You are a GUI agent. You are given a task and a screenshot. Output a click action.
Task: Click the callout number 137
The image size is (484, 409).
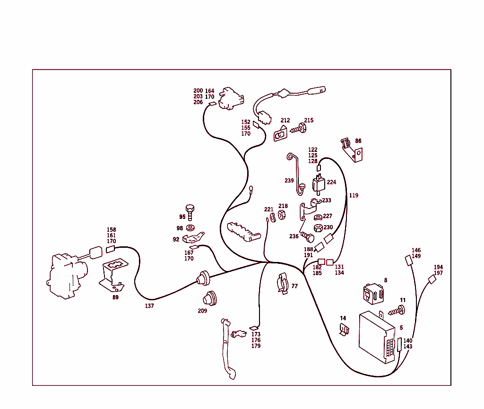click(149, 306)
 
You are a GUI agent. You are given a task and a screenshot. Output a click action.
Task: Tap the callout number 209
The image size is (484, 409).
click(202, 311)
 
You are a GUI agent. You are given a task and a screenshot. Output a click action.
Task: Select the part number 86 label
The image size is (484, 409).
click(358, 141)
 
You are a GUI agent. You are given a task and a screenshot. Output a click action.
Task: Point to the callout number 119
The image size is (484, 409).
click(354, 195)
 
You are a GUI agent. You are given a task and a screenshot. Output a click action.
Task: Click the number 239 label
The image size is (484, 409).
click(289, 181)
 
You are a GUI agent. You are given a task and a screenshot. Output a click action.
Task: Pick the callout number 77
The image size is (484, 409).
click(295, 286)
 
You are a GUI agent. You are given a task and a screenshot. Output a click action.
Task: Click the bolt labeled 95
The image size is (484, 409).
click(190, 212)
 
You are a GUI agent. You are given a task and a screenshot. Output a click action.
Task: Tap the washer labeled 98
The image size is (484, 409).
click(190, 228)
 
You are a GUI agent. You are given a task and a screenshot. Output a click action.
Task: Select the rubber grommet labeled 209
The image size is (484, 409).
click(210, 298)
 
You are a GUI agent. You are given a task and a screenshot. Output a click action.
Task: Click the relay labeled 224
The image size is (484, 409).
click(319, 183)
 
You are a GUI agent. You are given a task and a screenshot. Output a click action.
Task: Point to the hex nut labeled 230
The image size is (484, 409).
click(318, 228)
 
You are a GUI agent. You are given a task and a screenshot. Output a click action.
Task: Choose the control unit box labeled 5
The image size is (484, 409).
click(377, 337)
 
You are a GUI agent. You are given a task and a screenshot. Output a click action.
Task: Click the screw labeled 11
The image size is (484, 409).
click(397, 311)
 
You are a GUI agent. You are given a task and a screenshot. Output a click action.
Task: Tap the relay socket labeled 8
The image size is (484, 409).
click(373, 294)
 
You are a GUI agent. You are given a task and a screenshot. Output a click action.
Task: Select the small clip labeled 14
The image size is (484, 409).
click(344, 330)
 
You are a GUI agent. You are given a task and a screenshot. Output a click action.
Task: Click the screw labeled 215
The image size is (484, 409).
click(298, 129)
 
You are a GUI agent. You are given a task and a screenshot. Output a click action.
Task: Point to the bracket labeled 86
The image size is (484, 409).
click(352, 150)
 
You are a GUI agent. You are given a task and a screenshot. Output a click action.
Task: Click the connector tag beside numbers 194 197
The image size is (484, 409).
click(432, 279)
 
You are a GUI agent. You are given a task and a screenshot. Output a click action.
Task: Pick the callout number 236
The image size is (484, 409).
click(294, 236)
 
